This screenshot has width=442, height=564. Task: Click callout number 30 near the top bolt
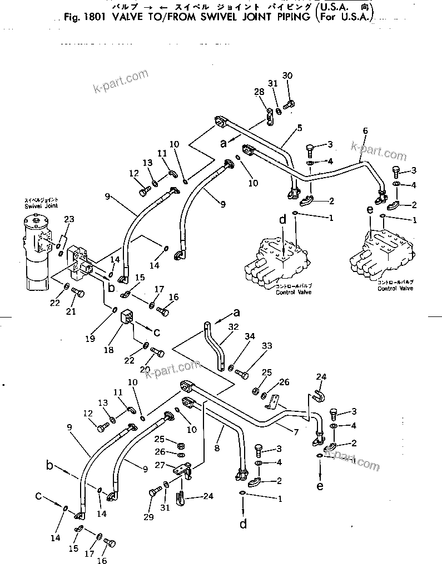[x=287, y=75]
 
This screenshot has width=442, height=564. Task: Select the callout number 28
[x=259, y=92]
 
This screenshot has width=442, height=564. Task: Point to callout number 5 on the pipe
[x=299, y=128]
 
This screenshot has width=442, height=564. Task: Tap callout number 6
[x=365, y=130]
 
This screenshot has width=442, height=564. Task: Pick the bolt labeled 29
[x=153, y=492]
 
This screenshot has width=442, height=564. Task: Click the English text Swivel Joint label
[x=37, y=205]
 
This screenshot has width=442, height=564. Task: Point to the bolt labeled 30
[x=289, y=104]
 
